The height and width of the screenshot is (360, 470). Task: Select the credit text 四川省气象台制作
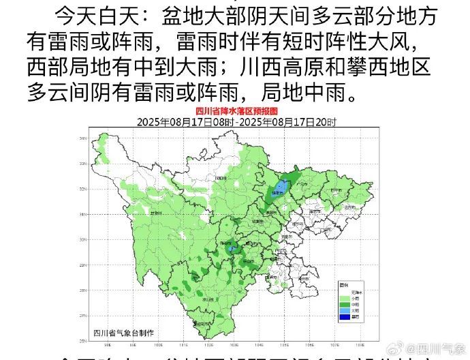123,332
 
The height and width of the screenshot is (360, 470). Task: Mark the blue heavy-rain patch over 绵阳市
279,191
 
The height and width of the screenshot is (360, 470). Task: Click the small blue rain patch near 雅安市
230,249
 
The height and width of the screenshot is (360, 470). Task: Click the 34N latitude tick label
82,138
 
